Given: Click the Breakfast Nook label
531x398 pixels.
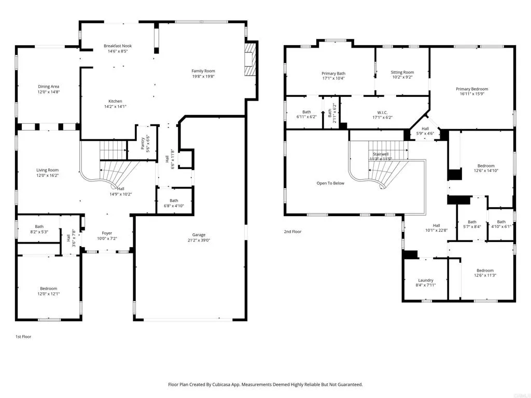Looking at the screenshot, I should coord(117,46).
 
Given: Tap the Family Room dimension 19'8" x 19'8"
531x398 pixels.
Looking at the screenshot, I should coord(203,76).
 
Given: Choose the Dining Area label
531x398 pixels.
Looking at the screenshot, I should coord(48,87).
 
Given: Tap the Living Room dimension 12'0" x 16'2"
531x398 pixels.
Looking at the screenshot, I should coord(47,176).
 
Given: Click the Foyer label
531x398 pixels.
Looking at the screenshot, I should coord(107,233).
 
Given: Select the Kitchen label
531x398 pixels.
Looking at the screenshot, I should coord(115,101).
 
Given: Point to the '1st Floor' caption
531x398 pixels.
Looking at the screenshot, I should coord(23,337).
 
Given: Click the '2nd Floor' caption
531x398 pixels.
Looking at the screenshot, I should coord(292,232).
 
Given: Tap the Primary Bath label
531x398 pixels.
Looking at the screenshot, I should coord(333,74).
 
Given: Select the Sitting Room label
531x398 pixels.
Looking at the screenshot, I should coord(402,73).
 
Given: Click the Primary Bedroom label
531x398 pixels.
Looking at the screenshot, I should coord(472,89).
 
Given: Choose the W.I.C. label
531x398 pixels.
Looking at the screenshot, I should coord(383,112).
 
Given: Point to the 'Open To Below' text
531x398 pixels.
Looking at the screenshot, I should coord(330,183).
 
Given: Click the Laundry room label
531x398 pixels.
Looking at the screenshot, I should coord(426,280).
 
